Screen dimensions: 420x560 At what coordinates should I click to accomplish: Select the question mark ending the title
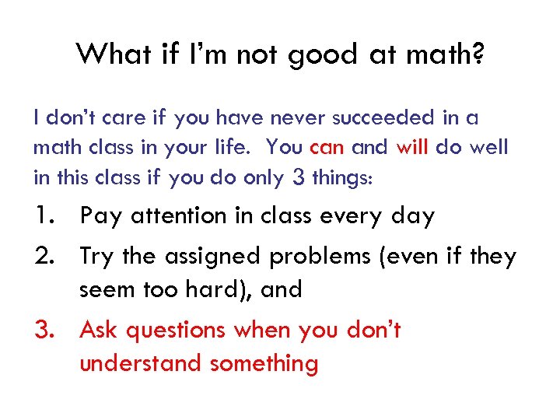click(x=474, y=54)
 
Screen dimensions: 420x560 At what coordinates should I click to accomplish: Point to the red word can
click(x=327, y=148)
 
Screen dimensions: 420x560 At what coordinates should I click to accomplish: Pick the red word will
click(x=412, y=148)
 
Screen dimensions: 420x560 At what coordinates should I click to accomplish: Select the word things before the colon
click(x=340, y=177)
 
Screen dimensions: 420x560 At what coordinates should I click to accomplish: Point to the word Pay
click(x=101, y=217)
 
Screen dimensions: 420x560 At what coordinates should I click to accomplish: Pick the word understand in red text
click(x=141, y=363)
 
